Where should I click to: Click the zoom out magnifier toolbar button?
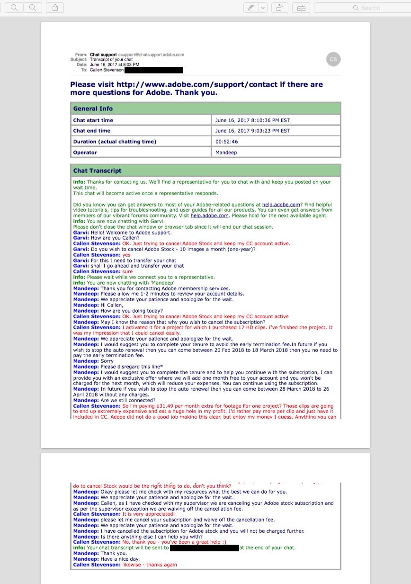14,8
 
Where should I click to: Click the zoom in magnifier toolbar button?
33,8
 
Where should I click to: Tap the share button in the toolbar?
55,8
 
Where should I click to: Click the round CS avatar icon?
333,59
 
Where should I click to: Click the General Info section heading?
93,108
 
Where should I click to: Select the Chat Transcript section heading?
97,171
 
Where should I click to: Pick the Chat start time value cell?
253,120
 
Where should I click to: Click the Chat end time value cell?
253,131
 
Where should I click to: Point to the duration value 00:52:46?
227,142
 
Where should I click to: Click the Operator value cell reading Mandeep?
226,153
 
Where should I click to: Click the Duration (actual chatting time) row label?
115,142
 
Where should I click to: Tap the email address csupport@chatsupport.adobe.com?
151,55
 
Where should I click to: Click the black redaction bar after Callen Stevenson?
154,70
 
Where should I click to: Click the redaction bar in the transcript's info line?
204,548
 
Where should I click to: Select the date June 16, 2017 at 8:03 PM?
115,65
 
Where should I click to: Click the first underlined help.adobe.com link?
281,205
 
